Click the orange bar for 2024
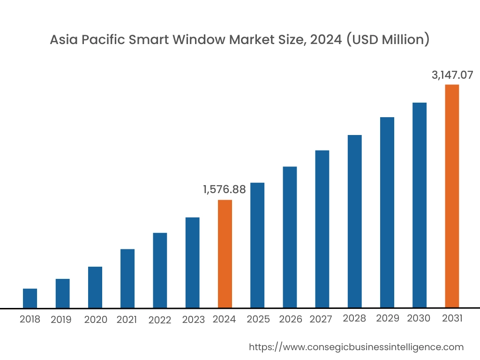[225, 254]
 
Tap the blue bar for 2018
[30, 298]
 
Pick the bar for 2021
[127, 278]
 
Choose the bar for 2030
[420, 205]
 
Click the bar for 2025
[257, 245]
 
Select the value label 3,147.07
[452, 75]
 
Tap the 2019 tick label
[61, 320]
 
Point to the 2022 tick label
[159, 320]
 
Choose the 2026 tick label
[291, 319]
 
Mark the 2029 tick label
[388, 319]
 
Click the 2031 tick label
[452, 319]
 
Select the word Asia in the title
[64, 40]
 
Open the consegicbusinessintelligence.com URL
[356, 347]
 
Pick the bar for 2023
[192, 262]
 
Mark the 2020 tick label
[96, 320]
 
